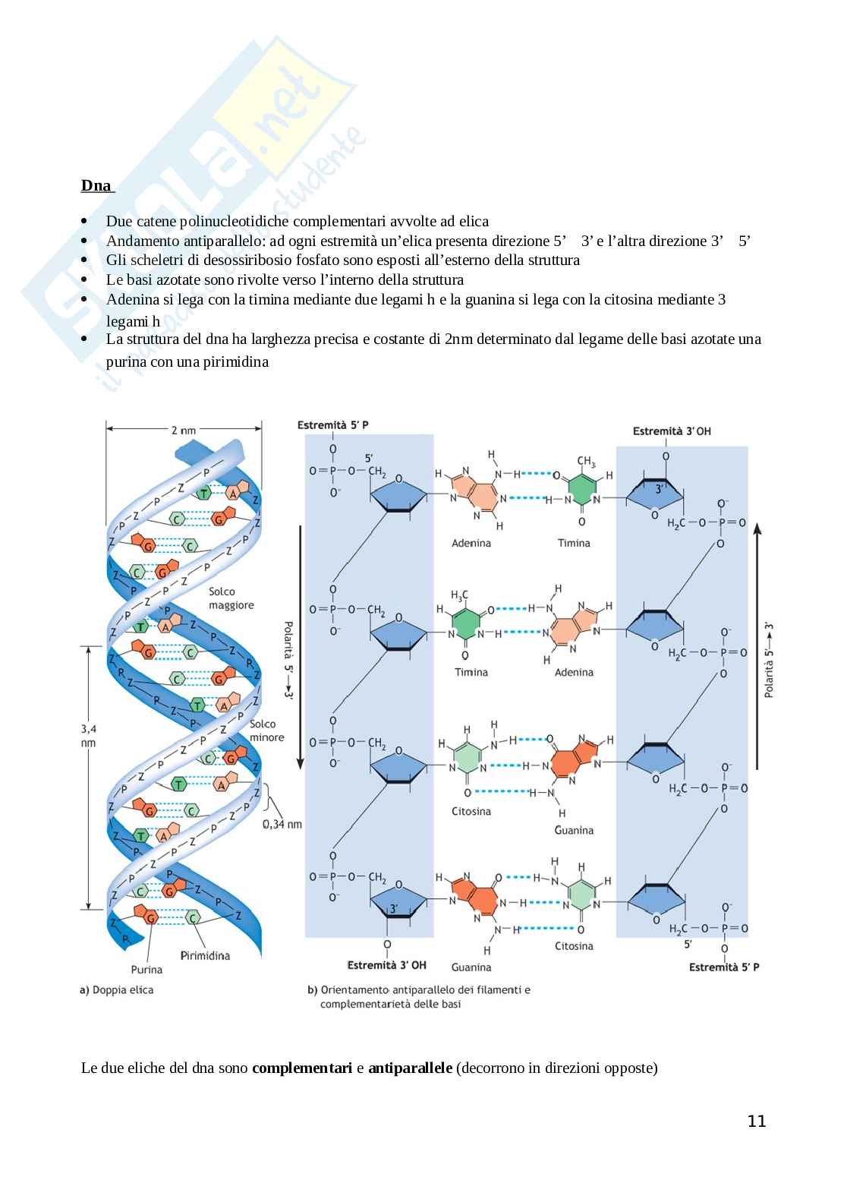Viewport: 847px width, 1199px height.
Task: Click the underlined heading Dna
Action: (96, 186)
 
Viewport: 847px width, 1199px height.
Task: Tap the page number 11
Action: (757, 1122)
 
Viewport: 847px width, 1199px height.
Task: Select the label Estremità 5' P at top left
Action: (333, 425)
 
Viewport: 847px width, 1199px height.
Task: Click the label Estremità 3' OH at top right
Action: (672, 431)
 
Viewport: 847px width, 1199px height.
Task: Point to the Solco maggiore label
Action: (232, 598)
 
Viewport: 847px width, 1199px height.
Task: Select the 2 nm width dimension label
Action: (183, 431)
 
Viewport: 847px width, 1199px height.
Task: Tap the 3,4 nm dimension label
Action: (89, 735)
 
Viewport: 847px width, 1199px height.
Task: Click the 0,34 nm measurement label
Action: (282, 824)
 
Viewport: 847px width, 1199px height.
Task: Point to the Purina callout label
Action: (146, 969)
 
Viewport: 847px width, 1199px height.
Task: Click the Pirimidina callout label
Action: (205, 955)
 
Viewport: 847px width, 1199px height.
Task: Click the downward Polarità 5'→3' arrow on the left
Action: (301, 645)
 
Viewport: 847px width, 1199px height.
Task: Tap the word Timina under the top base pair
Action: (574, 543)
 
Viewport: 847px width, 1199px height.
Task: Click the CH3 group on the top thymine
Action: (585, 461)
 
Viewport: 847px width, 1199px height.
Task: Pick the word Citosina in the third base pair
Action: (471, 811)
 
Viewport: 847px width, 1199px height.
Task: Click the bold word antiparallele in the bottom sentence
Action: (410, 1068)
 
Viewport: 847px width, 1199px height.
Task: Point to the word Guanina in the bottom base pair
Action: (471, 967)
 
